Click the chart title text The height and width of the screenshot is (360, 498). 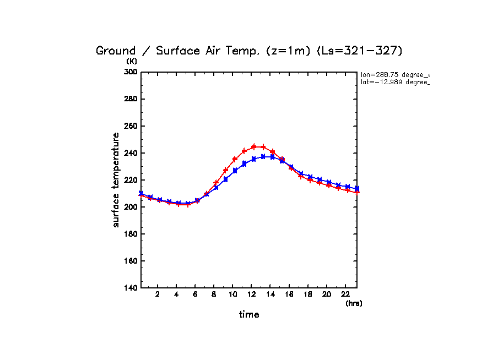pyautogui.click(x=250, y=51)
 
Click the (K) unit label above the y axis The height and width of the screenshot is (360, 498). pyautogui.click(x=132, y=61)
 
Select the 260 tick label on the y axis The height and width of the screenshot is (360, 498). pyautogui.click(x=130, y=126)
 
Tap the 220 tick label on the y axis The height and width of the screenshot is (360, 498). pyautogui.click(x=130, y=180)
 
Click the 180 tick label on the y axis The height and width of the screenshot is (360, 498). pyautogui.click(x=130, y=234)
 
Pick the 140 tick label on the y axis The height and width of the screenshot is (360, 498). pyautogui.click(x=130, y=288)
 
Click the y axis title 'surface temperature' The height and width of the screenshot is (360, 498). pyautogui.click(x=116, y=179)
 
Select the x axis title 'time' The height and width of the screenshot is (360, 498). pyautogui.click(x=249, y=314)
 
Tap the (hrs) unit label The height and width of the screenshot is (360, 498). pyautogui.click(x=354, y=303)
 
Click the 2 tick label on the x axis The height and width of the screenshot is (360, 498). pyautogui.click(x=158, y=294)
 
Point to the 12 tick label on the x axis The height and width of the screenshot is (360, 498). pyautogui.click(x=251, y=294)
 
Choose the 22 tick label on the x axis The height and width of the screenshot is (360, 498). pyautogui.click(x=345, y=294)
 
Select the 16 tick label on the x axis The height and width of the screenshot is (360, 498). pyautogui.click(x=289, y=294)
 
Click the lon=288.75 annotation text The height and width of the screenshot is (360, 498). pyautogui.click(x=394, y=74)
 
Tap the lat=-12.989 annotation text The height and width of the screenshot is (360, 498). pyautogui.click(x=394, y=82)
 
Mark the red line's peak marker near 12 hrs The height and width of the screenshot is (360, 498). pyautogui.click(x=254, y=146)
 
